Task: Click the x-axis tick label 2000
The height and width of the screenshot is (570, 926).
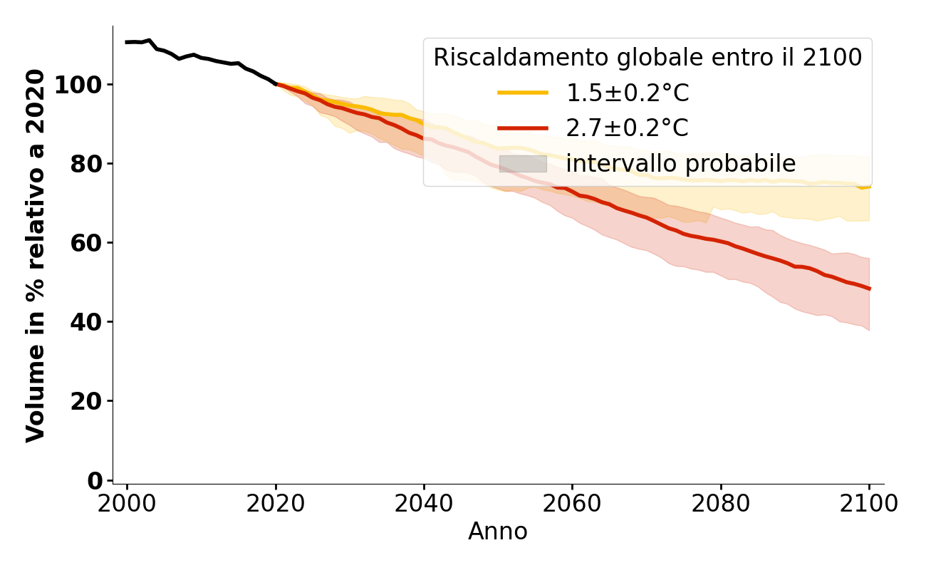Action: click(x=127, y=504)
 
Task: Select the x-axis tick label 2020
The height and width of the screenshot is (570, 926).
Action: click(x=276, y=504)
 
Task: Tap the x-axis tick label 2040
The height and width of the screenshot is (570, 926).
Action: click(x=424, y=504)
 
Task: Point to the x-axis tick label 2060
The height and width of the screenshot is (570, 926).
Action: click(x=572, y=504)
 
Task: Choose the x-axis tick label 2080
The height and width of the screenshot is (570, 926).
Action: click(x=721, y=504)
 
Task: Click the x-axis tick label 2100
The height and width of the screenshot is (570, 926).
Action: click(x=869, y=504)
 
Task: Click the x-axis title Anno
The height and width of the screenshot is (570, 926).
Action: click(x=498, y=532)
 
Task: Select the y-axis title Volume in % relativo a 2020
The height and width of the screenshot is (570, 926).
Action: click(x=36, y=255)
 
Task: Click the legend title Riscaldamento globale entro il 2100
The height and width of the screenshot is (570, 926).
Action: click(x=647, y=58)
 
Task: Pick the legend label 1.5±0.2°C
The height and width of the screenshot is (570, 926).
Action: click(x=627, y=93)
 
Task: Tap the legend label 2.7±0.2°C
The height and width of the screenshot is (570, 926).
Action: click(x=627, y=129)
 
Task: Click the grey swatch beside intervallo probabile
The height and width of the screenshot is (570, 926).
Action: click(x=523, y=164)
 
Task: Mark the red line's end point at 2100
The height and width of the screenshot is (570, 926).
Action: click(x=869, y=289)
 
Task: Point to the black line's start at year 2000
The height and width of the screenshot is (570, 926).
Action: click(x=127, y=42)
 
